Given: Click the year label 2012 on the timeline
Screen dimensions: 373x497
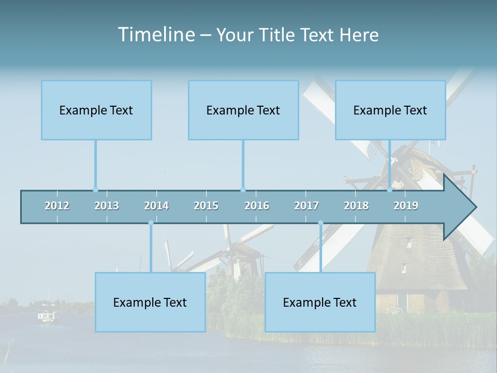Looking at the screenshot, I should click(x=57, y=206).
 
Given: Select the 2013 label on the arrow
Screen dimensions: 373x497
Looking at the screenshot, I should click(x=107, y=206).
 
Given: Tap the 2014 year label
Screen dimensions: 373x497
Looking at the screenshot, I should click(x=156, y=206).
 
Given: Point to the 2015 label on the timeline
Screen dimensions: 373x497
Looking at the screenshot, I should click(x=206, y=206).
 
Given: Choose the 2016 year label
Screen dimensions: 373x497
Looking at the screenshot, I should click(x=257, y=206).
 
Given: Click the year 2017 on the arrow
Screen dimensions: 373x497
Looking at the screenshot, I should click(x=306, y=206).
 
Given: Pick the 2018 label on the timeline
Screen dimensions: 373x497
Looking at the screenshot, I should click(x=356, y=206).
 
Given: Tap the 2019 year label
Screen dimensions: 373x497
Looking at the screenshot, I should click(x=406, y=206).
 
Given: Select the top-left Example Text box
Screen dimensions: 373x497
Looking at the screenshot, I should click(x=96, y=110).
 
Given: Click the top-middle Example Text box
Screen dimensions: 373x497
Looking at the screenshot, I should click(x=243, y=110).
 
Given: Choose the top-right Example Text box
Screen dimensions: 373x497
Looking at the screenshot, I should click(x=390, y=110).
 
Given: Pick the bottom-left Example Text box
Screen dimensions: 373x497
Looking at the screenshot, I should click(x=150, y=303).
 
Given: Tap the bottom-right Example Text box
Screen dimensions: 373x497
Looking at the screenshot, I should click(x=320, y=303).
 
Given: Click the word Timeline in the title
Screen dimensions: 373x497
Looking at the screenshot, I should click(x=156, y=35).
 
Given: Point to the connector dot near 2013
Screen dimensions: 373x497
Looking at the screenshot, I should click(x=95, y=190).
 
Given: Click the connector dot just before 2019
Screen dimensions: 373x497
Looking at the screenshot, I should click(x=390, y=190).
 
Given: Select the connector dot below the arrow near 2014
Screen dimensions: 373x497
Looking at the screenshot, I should click(x=151, y=223).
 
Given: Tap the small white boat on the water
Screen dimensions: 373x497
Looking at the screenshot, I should click(x=47, y=317).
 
